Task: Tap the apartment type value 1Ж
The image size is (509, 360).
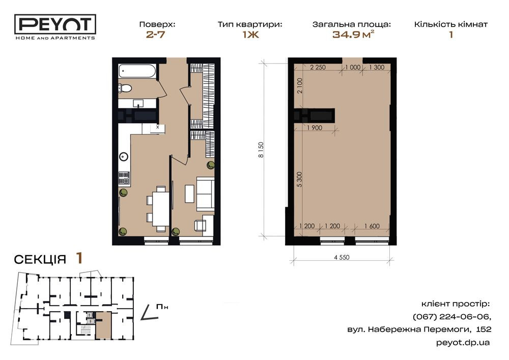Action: click(x=249, y=35)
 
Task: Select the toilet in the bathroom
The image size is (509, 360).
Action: click(x=125, y=89)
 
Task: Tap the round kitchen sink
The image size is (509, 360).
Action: click(x=124, y=157)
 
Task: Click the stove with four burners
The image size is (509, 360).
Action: click(x=124, y=178)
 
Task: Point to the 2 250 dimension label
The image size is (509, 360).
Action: click(x=318, y=68)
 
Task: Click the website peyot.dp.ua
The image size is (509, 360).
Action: click(x=463, y=343)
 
